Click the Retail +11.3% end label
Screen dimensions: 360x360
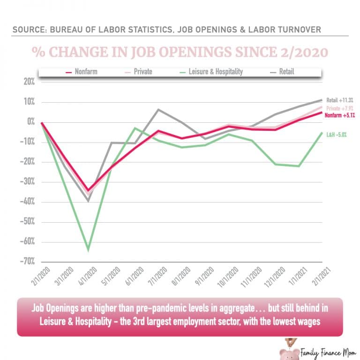click(x=340, y=100)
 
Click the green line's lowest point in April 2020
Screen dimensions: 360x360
click(x=88, y=249)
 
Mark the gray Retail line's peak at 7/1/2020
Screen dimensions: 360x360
click(x=158, y=110)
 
